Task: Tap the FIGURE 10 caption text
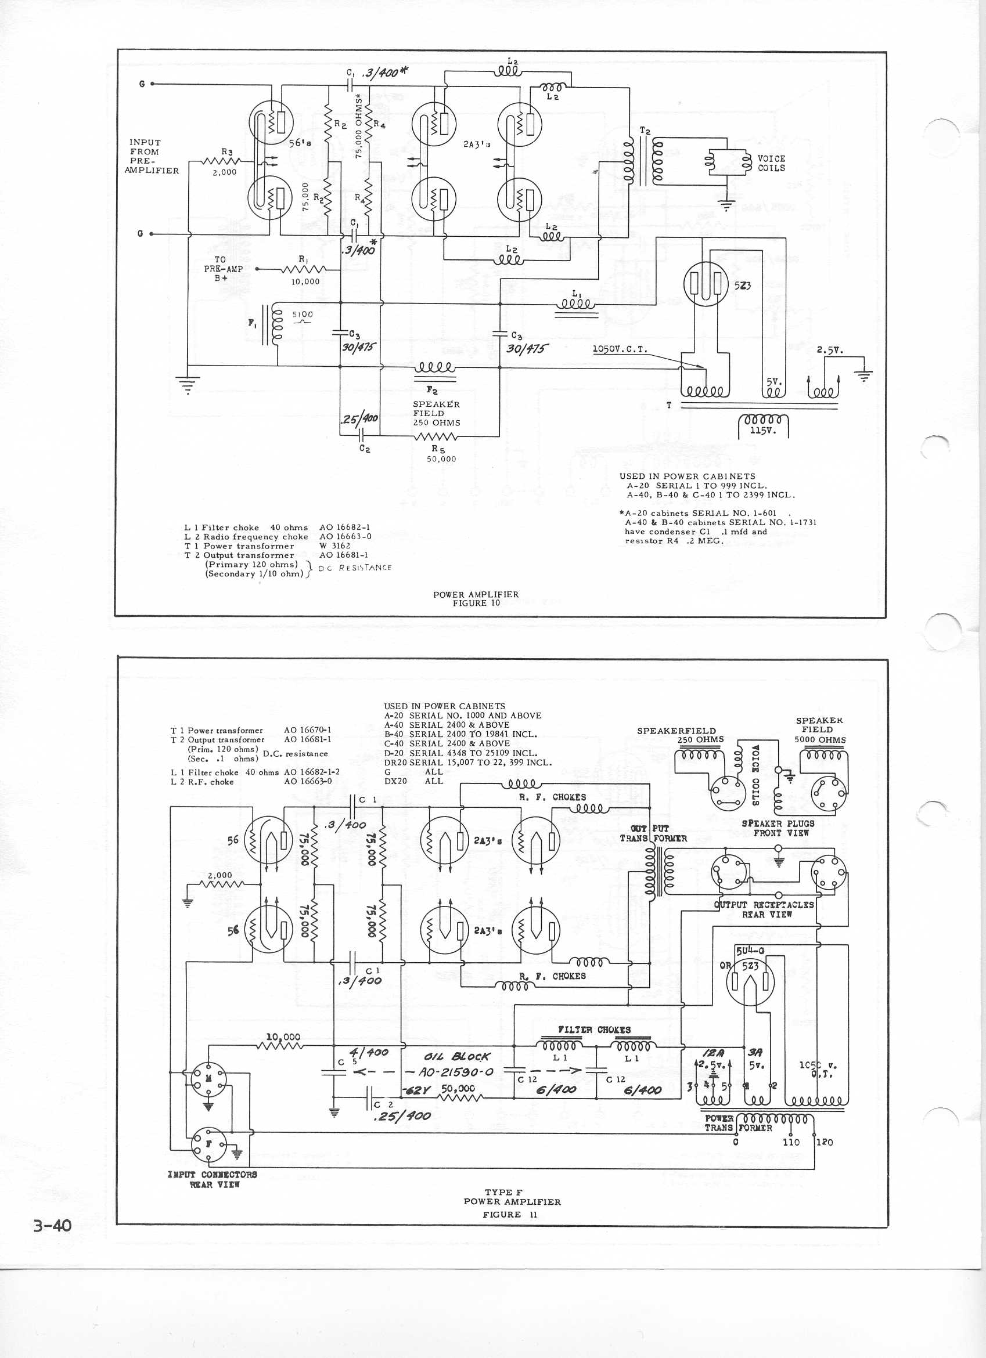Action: (476, 604)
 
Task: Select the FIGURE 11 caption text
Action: (510, 1214)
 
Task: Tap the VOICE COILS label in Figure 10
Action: (772, 164)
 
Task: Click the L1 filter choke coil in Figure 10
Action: (575, 304)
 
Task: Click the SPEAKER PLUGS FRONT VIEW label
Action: (778, 828)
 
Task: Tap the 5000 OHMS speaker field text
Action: (820, 739)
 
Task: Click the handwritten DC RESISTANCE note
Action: (355, 568)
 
